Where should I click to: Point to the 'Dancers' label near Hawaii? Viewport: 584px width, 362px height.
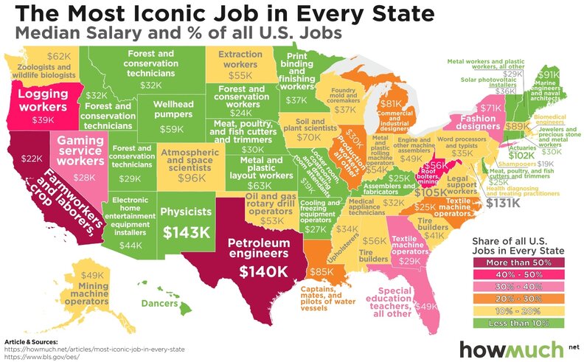tap(160, 304)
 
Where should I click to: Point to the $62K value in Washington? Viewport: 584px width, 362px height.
tap(58, 55)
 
